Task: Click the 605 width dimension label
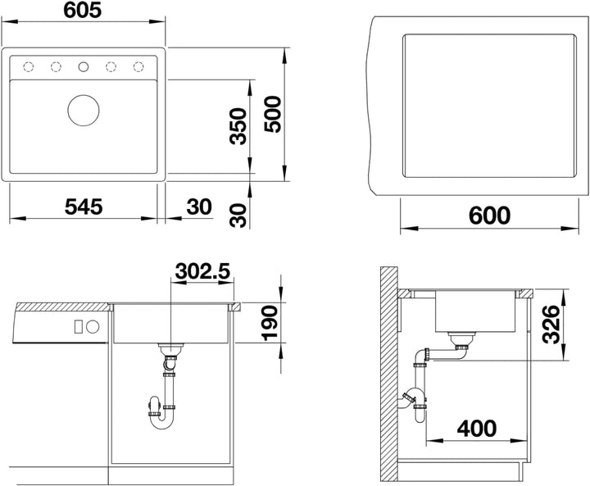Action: (83, 9)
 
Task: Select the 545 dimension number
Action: (84, 207)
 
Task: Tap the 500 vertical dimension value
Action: (272, 114)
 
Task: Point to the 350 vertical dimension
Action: (238, 126)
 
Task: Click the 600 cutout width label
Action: (489, 216)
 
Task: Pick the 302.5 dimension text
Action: (202, 270)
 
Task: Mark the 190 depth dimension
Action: (270, 323)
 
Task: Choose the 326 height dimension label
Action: (551, 324)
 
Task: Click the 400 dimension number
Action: (477, 429)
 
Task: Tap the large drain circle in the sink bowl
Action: (84, 111)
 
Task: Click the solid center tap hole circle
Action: (83, 67)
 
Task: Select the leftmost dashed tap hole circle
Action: (29, 67)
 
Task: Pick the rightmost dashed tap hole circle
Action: (138, 67)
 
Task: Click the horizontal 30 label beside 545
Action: (199, 207)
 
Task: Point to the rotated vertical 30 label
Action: (238, 216)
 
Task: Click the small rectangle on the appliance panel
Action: (79, 326)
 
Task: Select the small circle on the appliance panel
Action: (93, 326)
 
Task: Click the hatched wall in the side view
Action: (389, 375)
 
